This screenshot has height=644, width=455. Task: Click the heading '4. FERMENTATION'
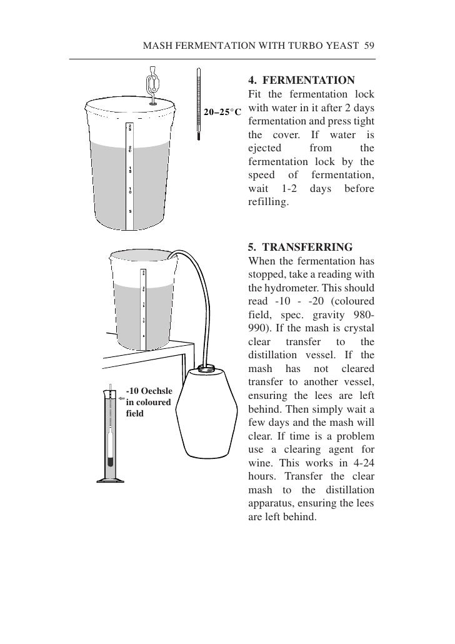(x=301, y=81)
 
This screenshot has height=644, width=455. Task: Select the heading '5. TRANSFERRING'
(x=300, y=246)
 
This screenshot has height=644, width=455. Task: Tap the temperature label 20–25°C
(x=222, y=112)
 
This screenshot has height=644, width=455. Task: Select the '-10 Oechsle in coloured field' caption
(x=149, y=402)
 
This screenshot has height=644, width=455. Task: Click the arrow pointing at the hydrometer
(x=121, y=396)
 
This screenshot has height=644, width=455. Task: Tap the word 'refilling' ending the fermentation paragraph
(x=267, y=203)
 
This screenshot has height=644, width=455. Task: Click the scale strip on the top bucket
(x=129, y=175)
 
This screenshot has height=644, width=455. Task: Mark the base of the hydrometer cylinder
(x=111, y=480)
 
